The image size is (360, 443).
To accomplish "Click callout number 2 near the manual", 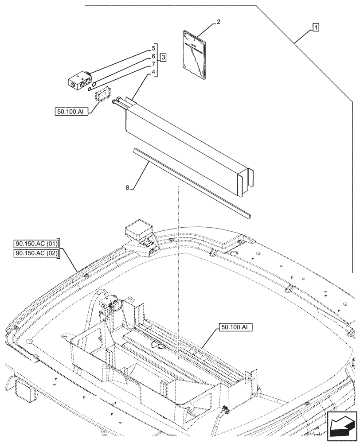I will pyautogui.click(x=218, y=22).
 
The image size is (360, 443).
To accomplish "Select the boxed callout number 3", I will pyautogui.click(x=163, y=58).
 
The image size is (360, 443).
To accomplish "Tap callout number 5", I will pyautogui.click(x=153, y=47).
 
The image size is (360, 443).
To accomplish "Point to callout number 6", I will pyautogui.click(x=153, y=56).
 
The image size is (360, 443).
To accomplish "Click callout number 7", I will pyautogui.click(x=153, y=65).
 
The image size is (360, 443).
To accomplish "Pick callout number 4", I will pyautogui.click(x=153, y=73).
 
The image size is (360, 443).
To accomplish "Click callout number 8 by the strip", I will pyautogui.click(x=128, y=188).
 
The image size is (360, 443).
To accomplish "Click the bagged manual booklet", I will pyautogui.click(x=195, y=56).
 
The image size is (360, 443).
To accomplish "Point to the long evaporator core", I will pyautogui.click(x=186, y=146).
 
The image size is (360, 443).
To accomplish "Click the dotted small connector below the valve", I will pyautogui.click(x=102, y=95).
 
